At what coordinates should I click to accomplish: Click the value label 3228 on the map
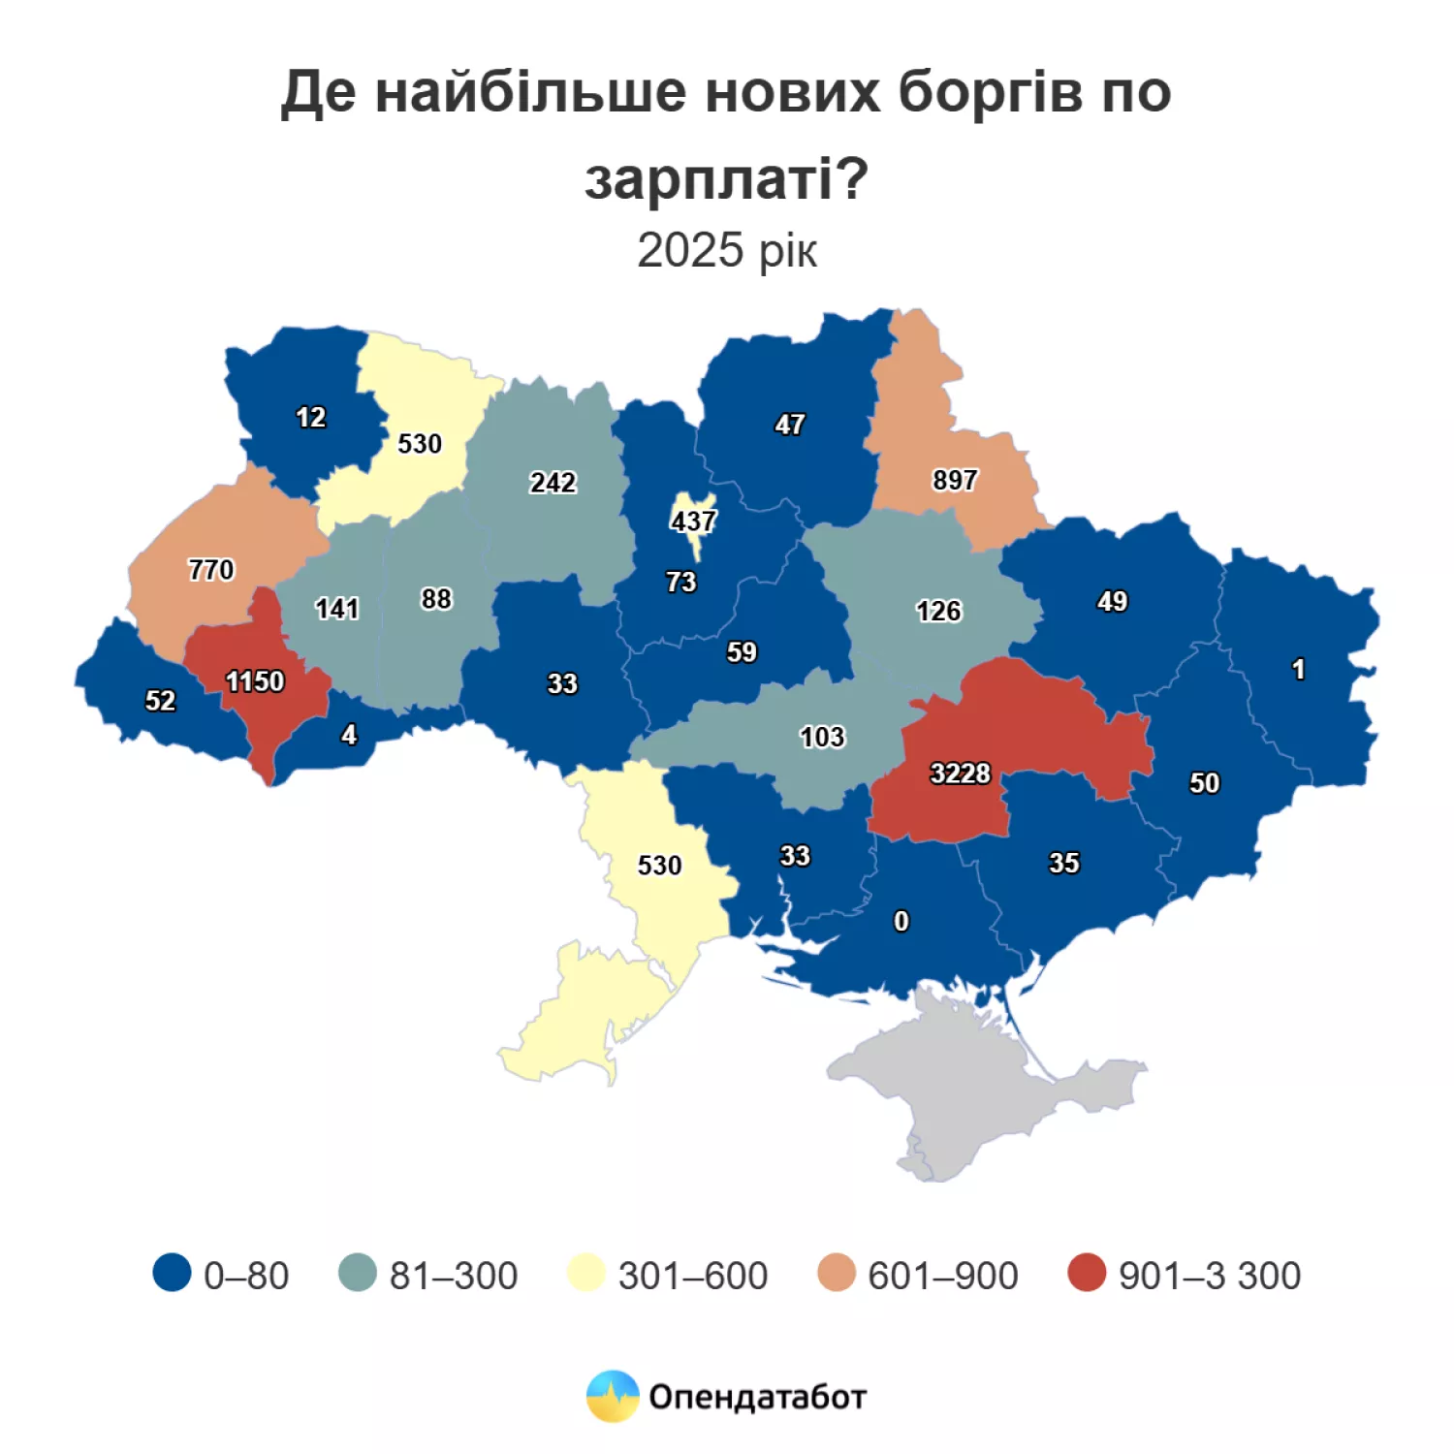coord(960,774)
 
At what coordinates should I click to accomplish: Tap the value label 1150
coord(255,681)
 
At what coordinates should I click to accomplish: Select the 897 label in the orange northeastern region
coord(955,480)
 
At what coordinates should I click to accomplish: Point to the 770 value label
coord(211,569)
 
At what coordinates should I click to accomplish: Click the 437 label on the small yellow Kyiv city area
coord(693,522)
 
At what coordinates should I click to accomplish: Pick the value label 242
coord(553,482)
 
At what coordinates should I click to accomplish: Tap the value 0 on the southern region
coord(901,921)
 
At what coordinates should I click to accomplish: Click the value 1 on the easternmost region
coord(1298,670)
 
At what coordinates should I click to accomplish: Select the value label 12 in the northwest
coord(310,417)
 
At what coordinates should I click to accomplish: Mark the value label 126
coord(938,611)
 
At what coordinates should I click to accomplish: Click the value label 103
coord(822,737)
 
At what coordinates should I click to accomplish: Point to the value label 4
coord(349,735)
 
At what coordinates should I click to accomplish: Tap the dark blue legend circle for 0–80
coord(172,1274)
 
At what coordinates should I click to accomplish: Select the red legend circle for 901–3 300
coord(1087,1274)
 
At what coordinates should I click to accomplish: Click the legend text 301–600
coord(692,1276)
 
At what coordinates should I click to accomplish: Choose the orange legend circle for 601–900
coord(837,1274)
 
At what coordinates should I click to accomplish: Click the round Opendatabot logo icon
coord(613,1396)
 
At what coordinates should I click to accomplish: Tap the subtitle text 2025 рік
coord(727,250)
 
